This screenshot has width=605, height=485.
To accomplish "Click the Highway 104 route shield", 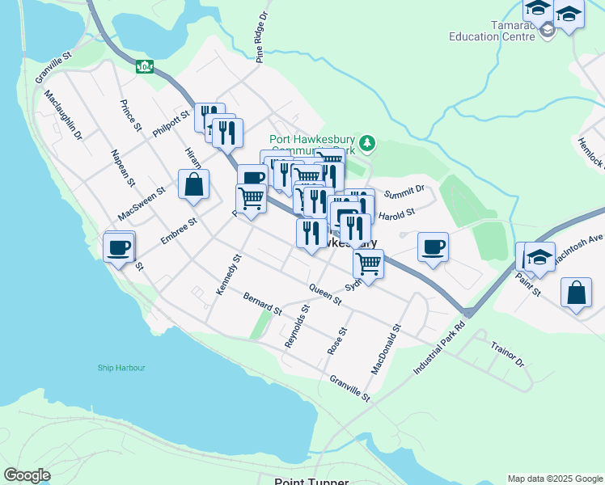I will coord(145,66).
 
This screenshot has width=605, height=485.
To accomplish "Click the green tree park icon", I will coord(368,143).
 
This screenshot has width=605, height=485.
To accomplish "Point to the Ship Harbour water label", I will coord(121,368).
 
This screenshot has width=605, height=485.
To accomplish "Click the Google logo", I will coord(27,475).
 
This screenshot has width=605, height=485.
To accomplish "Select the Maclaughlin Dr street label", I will coord(64,115).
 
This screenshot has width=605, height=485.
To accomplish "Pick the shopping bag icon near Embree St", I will coord(194,185).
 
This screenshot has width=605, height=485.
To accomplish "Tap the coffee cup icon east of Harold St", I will coord(433,247).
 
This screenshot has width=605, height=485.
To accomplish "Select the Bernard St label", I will coord(263,304).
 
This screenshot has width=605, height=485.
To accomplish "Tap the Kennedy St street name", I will coord(229,275).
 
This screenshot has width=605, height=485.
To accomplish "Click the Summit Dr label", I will coord(404,192).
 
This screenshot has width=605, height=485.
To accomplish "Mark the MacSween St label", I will coord(141,203).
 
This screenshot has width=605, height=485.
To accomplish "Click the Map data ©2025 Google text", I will coord(555,479).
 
